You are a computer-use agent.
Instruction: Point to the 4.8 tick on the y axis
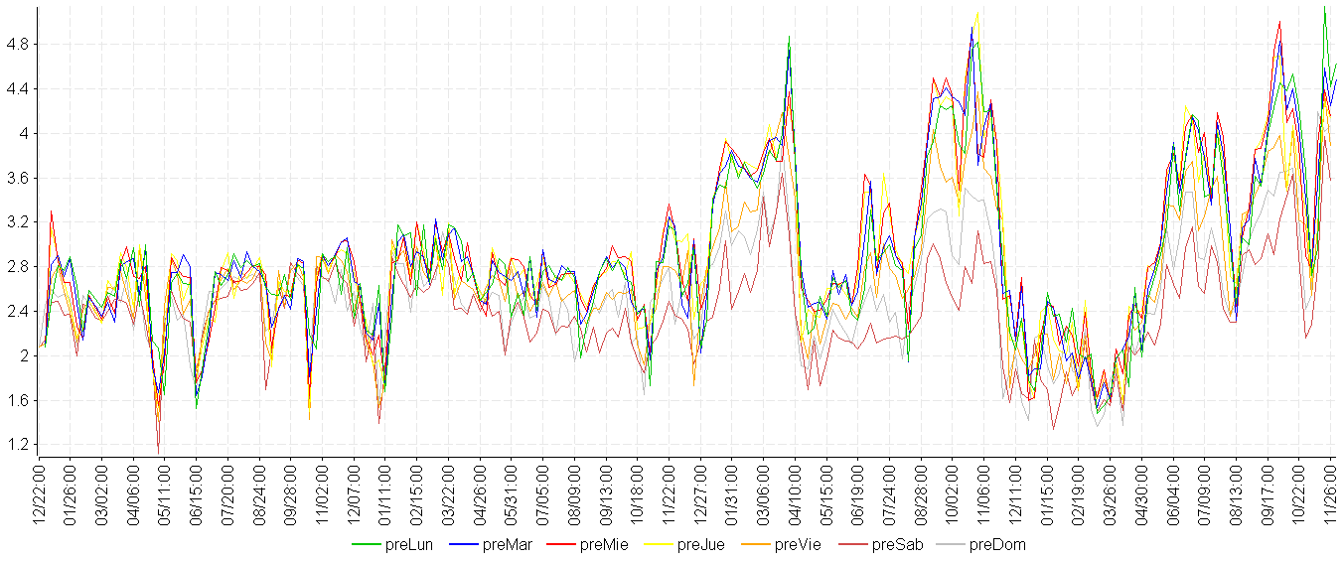(x=18, y=45)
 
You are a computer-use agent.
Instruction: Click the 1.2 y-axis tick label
(x=18, y=445)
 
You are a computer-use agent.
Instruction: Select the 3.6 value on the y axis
(x=18, y=178)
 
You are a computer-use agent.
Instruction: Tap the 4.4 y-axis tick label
(x=18, y=89)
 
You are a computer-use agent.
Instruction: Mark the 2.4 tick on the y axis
(x=18, y=312)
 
